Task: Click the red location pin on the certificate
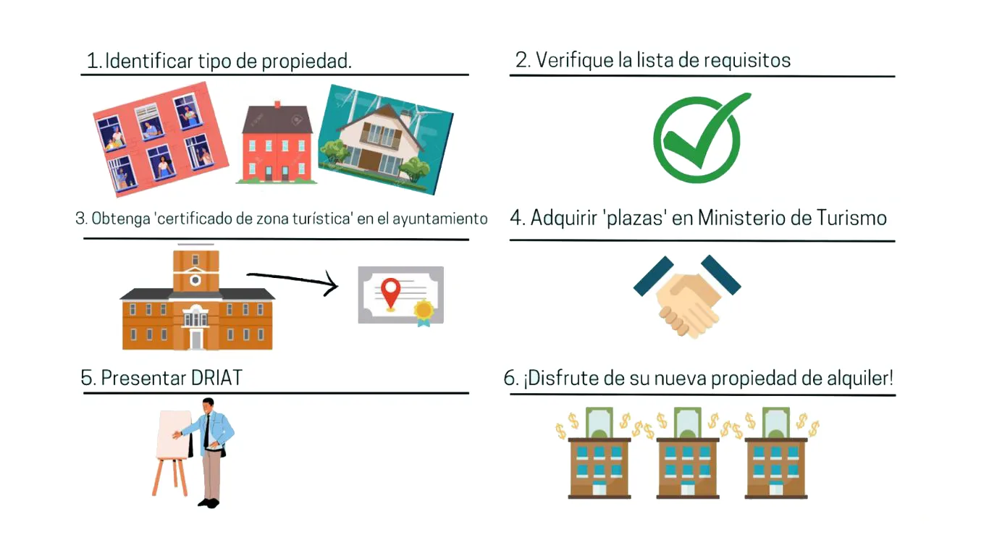pos(391,291)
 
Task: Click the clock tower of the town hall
pos(195,271)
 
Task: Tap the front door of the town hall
pos(196,339)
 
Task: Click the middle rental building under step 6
pos(687,463)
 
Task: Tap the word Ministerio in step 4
pos(743,218)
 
